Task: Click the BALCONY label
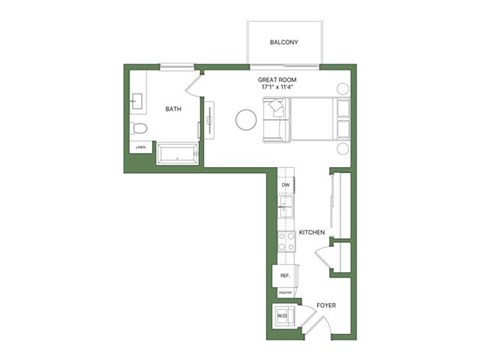point(284,42)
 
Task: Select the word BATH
point(173,109)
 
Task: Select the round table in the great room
point(246,120)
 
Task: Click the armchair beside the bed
point(275,122)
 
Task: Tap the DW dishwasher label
point(285,185)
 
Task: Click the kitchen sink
point(285,210)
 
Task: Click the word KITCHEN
point(313,232)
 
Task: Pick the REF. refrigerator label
point(284,274)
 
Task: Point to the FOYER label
point(326,305)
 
